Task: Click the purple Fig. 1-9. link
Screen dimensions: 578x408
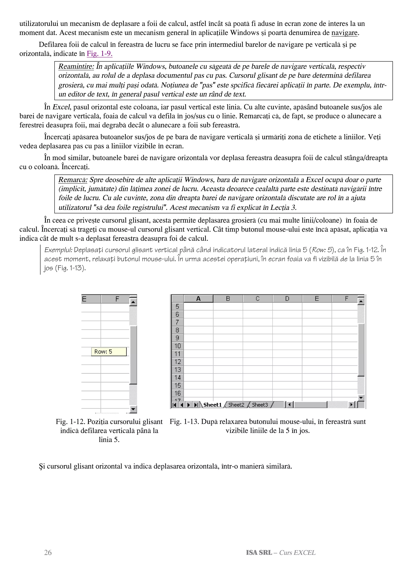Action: (100, 54)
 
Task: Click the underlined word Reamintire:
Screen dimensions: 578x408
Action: (76, 66)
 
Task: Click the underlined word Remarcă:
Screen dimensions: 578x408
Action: (73, 180)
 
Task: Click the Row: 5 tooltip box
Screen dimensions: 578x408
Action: (109, 352)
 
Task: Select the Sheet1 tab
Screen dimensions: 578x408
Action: (212, 405)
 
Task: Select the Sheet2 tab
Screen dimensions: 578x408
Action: (236, 405)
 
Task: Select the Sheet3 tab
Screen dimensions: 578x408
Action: (260, 405)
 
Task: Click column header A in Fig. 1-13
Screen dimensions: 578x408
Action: (198, 299)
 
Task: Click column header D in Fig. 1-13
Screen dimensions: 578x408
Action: (287, 299)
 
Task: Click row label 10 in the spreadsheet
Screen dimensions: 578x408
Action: (178, 346)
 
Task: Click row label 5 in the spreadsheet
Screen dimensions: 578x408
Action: (178, 306)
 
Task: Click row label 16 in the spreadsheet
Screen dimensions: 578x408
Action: (178, 393)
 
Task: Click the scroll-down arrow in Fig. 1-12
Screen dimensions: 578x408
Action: (133, 409)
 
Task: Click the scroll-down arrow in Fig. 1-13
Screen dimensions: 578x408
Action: (361, 398)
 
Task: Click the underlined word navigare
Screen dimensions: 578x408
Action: (344, 33)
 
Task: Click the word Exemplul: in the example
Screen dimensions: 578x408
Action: (58, 250)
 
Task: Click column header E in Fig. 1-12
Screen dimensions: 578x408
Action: (84, 299)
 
